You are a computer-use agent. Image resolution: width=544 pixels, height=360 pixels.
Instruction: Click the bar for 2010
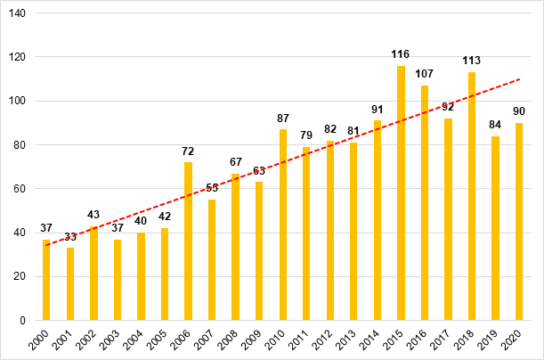tap(283, 225)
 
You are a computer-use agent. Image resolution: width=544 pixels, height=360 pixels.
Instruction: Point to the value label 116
tap(401, 55)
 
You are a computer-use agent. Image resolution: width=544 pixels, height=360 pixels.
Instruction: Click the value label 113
tap(472, 61)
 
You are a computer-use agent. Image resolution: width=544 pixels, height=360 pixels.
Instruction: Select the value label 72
tap(188, 152)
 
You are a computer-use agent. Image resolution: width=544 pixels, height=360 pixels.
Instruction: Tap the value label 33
tap(70, 237)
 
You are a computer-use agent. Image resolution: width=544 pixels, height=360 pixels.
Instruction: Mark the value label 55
tap(212, 189)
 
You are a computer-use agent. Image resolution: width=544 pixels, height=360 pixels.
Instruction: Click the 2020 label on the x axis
tap(516, 341)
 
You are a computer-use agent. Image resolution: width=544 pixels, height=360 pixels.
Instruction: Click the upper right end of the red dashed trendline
tap(519, 78)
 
